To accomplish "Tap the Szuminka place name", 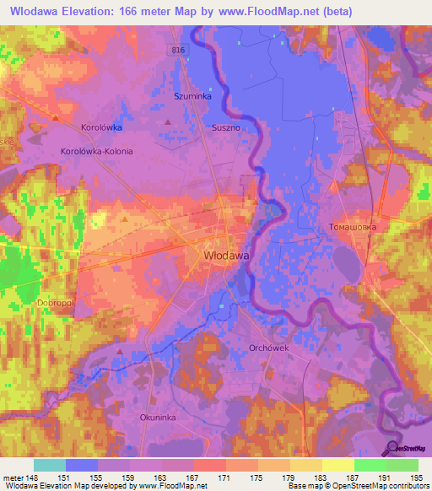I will pyautogui.click(x=190, y=97).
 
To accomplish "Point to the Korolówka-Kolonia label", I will pyautogui.click(x=97, y=151).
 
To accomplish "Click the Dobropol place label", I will pyautogui.click(x=34, y=301).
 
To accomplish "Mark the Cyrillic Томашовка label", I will pyautogui.click(x=352, y=227).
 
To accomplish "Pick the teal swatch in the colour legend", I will pyautogui.click(x=50, y=465).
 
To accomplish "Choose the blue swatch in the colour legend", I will pyautogui.click(x=82, y=465).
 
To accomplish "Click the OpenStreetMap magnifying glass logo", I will pyautogui.click(x=393, y=449).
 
